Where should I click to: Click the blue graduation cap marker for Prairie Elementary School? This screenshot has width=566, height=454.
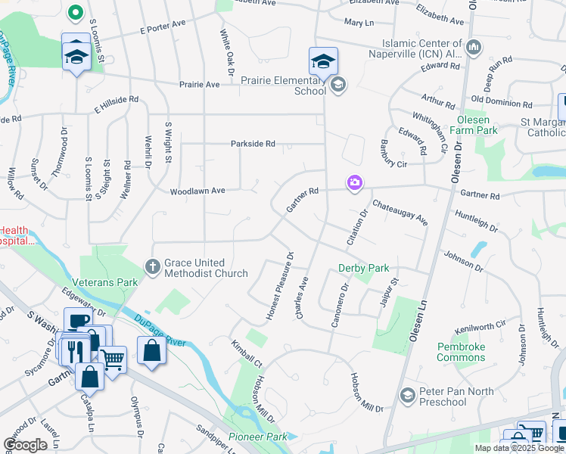[323, 61]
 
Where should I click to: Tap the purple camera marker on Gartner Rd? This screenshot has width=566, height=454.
[354, 183]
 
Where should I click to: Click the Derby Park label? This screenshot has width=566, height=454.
[363, 268]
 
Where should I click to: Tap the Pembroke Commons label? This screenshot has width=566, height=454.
[461, 352]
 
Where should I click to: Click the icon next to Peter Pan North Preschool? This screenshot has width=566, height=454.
[408, 396]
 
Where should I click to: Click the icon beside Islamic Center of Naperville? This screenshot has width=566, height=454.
[474, 48]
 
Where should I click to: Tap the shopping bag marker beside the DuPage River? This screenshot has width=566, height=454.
[151, 351]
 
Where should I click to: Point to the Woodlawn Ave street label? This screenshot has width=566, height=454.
[197, 191]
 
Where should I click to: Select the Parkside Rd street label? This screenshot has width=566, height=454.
[253, 144]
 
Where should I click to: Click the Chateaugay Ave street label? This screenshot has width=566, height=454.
[400, 213]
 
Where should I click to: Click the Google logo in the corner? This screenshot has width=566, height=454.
[25, 445]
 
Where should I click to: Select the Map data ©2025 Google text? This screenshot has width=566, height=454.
[518, 448]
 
